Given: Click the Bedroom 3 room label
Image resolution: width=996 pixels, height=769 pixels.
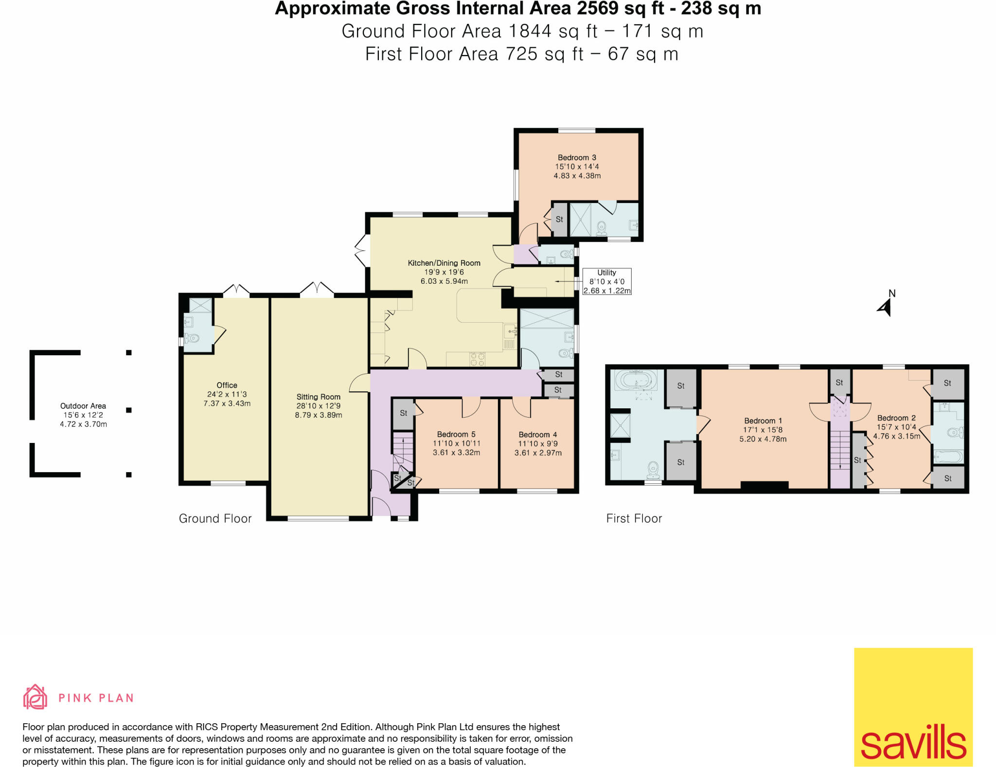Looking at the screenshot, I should pos(577,158).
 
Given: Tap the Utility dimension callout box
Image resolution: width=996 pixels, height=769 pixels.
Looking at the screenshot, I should pos(607,281).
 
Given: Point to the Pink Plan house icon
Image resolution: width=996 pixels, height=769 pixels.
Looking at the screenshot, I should pos(35,697).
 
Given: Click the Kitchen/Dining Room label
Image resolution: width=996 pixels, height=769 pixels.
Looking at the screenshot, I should pos(444,263).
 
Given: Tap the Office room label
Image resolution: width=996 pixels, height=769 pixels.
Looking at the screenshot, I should pos(227,385).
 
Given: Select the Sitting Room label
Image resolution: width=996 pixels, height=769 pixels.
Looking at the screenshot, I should pos(318,397).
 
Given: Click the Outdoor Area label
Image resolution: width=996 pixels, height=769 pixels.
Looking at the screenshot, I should pos(83,406).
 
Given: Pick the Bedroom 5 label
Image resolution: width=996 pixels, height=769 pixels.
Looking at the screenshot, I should pos(456,434).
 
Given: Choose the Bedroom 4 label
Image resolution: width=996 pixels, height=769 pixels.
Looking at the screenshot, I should pos(537,435).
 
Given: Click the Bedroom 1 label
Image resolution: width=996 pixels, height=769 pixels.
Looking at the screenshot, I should pos(763,421).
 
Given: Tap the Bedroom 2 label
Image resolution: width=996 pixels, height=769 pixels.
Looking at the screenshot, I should pos(896,418).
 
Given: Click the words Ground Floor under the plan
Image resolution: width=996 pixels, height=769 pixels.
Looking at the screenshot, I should pos(215,518).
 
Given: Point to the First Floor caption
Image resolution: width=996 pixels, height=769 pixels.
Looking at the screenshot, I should pos(634,518).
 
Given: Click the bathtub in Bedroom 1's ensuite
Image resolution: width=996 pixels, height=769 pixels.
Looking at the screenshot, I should pos(636,380).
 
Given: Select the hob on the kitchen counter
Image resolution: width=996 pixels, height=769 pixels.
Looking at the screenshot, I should pos(477,359).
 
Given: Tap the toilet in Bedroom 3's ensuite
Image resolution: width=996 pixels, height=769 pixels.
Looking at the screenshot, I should pos(602,227).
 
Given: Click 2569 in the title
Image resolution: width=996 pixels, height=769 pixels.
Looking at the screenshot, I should pos(598,9).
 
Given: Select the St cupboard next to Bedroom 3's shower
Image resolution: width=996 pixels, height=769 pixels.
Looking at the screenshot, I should pos(559,220).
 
